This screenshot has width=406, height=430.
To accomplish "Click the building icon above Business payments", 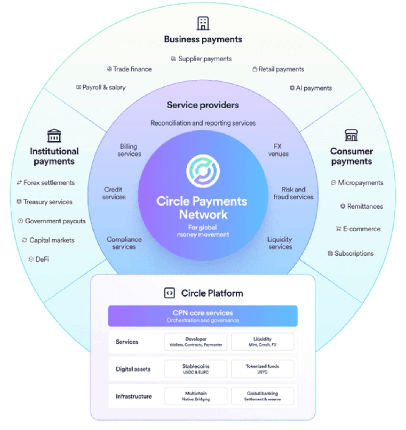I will click(x=203, y=24).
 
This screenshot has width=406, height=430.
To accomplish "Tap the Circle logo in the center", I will click(x=203, y=171).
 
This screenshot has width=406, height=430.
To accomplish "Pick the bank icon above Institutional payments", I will click(x=54, y=135).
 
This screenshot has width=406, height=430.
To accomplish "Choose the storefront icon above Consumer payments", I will click(x=351, y=135).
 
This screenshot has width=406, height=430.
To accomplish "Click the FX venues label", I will click(x=278, y=150).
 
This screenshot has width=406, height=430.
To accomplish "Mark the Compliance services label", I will click(x=124, y=243).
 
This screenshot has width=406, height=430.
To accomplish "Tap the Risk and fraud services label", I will click(x=294, y=193).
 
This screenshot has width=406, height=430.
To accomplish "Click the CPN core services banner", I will click(x=203, y=316).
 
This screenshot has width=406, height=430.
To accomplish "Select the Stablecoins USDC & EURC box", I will click(x=196, y=369).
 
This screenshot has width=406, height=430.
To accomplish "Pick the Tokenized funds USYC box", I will click(x=262, y=369).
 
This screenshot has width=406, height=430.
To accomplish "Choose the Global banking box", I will click(x=262, y=396).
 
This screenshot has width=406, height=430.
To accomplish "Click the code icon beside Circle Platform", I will click(x=169, y=293).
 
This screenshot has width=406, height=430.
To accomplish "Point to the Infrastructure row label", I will click(x=134, y=396).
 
